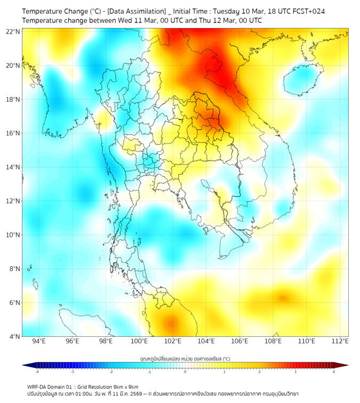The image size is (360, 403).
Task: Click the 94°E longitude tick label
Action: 39,341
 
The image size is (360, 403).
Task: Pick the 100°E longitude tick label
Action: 139,341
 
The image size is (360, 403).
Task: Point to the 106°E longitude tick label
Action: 240,341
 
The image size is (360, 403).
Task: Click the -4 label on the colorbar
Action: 36,372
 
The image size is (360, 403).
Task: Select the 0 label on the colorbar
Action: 185,372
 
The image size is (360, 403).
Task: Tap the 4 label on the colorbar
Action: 334,372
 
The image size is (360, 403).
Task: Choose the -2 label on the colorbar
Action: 111,372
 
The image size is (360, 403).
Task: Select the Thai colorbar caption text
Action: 185,358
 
